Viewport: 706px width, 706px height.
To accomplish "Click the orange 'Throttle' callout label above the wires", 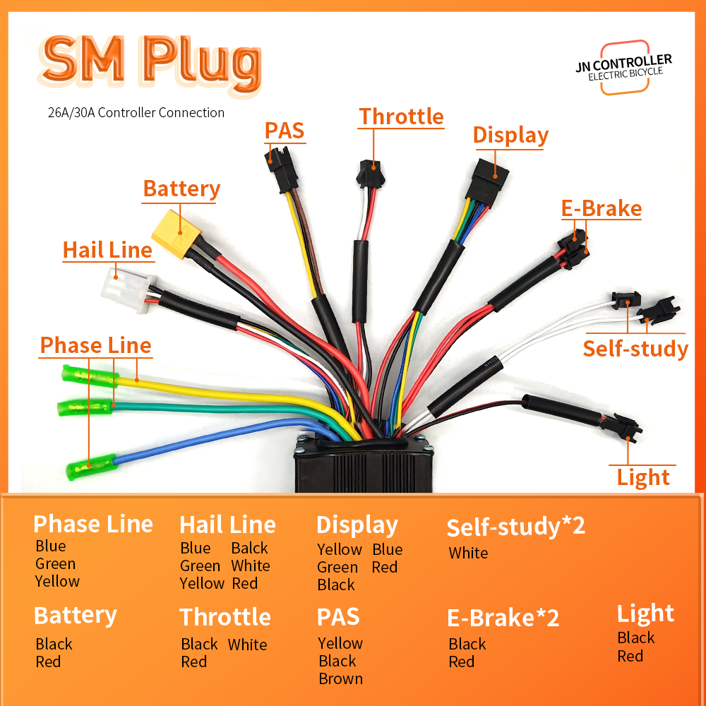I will point(402,116).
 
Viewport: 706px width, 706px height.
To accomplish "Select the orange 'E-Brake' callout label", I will point(602,208).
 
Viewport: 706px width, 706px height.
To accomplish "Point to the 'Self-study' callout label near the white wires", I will point(635,349).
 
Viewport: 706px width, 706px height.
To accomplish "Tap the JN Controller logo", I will point(623,67).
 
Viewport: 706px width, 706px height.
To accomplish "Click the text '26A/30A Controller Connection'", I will point(131,112).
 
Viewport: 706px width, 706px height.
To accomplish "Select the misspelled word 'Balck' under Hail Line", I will point(250,548).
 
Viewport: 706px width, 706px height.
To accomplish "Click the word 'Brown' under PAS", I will point(340,678).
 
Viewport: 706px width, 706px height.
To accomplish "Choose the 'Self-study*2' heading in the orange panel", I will point(516,527).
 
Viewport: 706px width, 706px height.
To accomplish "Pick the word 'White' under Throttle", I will point(247,645).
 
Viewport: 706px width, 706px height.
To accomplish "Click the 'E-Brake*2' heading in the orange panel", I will point(503,618).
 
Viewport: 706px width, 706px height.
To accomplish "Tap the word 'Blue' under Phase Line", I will point(51,546).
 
